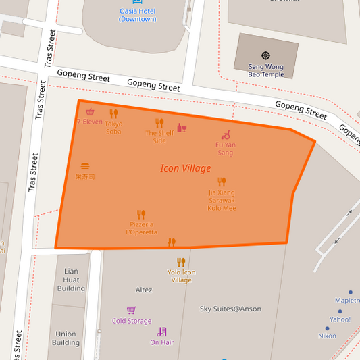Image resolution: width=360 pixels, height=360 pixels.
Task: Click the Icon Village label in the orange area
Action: (186, 168)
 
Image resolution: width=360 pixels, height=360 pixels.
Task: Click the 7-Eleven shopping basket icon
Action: (90, 111)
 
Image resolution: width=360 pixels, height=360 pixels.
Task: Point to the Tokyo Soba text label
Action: (113, 127)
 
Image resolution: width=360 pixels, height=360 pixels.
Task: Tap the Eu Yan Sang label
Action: (225, 149)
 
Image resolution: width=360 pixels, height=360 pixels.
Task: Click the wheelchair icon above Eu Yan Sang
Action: (226, 135)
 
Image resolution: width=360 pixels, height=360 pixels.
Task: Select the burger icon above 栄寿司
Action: (85, 165)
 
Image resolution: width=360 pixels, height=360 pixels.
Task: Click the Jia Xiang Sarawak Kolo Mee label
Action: (222, 200)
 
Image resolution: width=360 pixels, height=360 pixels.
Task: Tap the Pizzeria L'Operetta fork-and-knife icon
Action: (140, 214)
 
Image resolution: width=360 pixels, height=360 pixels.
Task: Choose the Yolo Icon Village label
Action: (181, 276)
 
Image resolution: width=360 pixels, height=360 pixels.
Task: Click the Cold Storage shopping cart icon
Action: (132, 310)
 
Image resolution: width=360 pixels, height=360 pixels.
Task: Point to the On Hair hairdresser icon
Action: (161, 332)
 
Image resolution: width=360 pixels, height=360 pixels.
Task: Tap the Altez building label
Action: (144, 290)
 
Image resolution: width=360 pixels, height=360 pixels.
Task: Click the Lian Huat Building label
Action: (71, 280)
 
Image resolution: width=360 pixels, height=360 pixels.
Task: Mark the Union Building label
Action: (66, 338)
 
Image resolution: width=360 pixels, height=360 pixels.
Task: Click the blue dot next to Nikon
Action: (328, 328)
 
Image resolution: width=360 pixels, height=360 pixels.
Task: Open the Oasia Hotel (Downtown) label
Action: (138, 15)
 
